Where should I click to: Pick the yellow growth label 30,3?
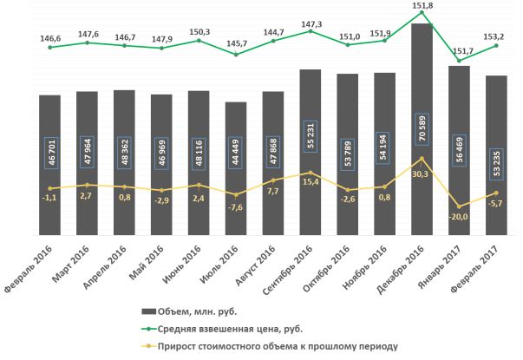coord(422,173)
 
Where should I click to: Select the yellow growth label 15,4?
coord(311,182)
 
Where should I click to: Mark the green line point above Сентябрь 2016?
coord(311,31)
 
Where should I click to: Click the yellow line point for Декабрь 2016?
coord(422,159)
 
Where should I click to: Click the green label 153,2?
coord(497,34)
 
